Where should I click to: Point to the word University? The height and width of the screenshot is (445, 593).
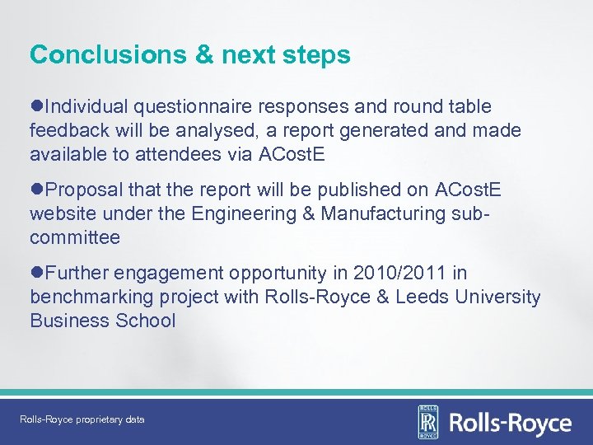coord(498,297)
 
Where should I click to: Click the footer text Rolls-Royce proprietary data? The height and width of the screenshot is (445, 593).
coord(82,419)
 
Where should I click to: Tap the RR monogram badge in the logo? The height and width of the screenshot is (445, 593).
coord(428,421)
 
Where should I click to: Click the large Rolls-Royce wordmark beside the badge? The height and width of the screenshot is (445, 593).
coord(509,423)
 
